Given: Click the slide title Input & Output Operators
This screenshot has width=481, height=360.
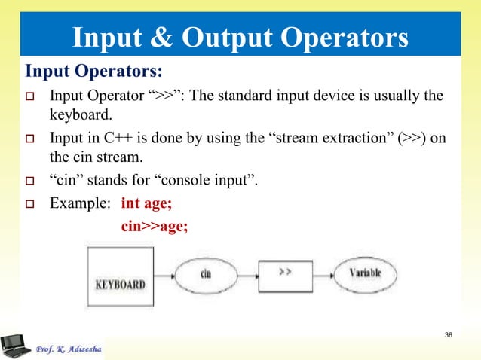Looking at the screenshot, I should coord(240,38).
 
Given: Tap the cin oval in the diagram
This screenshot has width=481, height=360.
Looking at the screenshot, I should coord(205,273).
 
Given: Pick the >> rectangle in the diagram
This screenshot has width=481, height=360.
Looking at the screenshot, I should coord(286,273).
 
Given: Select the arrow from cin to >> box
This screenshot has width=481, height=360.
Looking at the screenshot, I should coord(247,273).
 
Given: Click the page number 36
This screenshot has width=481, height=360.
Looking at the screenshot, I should coord(449,334).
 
